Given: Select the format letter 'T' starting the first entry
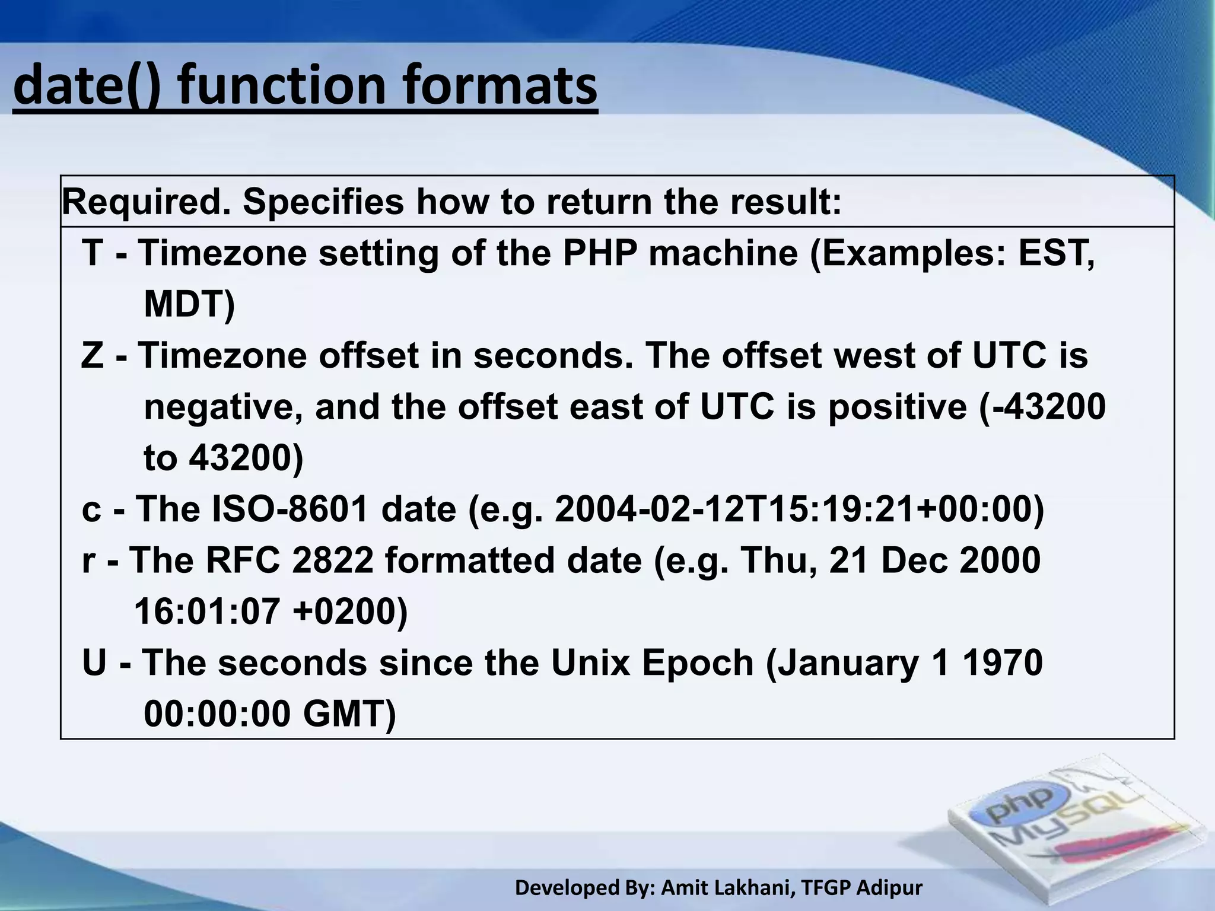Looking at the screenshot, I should [x=93, y=253].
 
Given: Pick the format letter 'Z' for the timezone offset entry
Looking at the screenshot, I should [x=93, y=356].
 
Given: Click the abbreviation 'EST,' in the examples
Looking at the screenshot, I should [x=1056, y=253].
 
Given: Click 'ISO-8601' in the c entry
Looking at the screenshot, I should [x=291, y=509].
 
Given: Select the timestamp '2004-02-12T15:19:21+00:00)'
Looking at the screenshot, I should [x=799, y=509].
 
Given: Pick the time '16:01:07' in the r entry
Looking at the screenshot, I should [x=207, y=612].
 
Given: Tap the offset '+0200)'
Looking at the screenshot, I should [x=350, y=612].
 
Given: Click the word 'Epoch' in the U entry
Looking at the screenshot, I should [x=697, y=663].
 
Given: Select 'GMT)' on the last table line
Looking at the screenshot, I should [x=349, y=714].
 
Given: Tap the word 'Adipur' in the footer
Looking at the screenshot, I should [x=889, y=888].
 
